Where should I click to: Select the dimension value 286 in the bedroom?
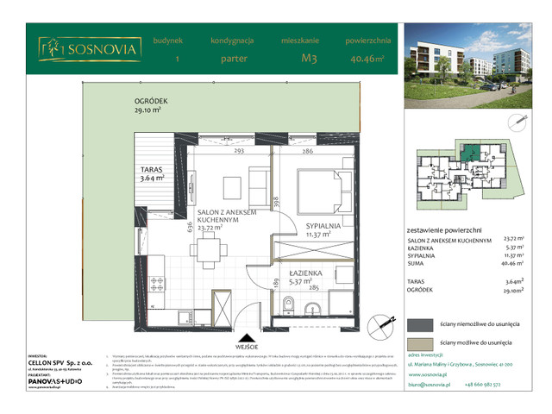[x=307, y=152]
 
